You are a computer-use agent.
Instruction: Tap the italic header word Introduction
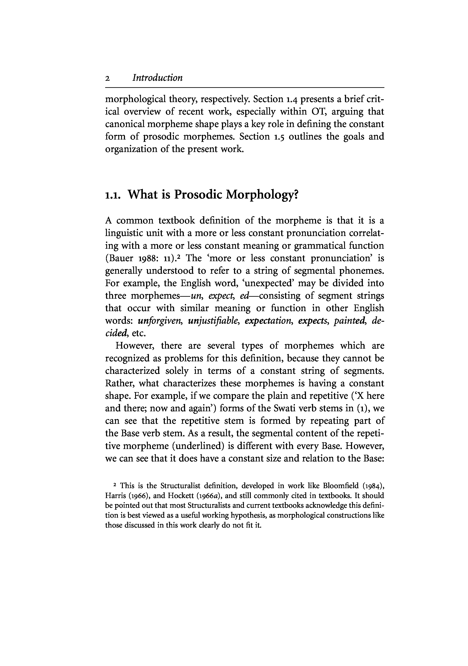tap(157, 78)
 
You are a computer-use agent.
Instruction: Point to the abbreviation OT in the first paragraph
tap(318, 112)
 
